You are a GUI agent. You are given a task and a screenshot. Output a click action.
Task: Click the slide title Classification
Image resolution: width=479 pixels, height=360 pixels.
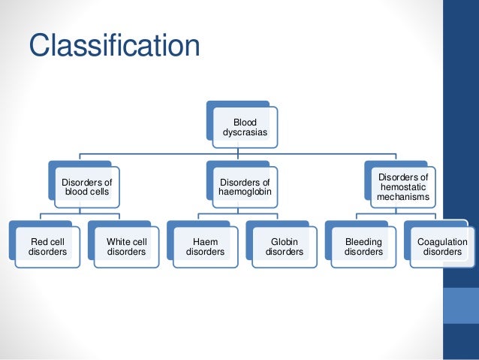tap(114, 45)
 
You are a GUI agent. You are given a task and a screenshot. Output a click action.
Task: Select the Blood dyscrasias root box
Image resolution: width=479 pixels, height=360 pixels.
tap(245, 127)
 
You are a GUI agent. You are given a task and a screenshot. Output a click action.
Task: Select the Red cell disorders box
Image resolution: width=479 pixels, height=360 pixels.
tap(47, 247)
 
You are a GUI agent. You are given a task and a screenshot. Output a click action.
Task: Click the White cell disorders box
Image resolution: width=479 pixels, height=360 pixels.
tap(126, 247)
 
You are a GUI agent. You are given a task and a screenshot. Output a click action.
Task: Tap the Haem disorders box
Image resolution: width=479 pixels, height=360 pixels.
tap(205, 247)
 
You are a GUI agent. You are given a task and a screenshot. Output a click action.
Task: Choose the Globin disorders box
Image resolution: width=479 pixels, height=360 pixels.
tap(284, 247)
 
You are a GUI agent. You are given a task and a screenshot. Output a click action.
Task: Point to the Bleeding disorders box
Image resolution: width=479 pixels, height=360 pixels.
tap(363, 247)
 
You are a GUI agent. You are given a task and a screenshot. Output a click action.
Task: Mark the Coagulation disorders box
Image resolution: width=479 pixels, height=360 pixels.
tap(442, 247)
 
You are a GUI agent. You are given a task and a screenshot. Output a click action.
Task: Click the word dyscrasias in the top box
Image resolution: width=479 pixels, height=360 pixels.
tap(245, 132)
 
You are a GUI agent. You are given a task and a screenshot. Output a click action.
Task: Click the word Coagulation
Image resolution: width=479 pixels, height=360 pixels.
tap(442, 242)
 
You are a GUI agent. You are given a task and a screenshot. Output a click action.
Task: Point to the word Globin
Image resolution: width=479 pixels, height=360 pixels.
tap(284, 242)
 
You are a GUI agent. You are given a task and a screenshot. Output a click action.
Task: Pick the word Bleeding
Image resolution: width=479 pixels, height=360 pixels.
tap(363, 242)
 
